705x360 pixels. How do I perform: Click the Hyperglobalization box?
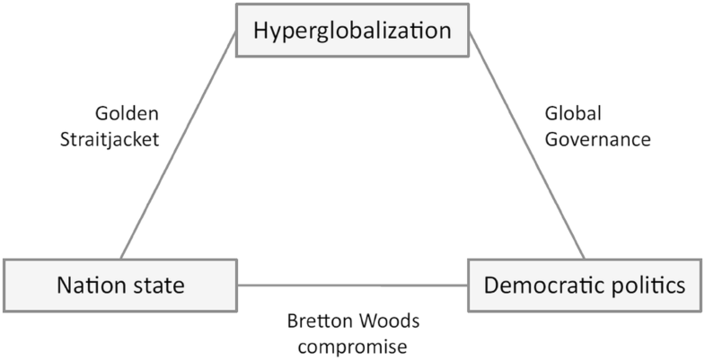[x=352, y=31]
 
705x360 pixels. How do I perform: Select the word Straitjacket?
[x=119, y=139]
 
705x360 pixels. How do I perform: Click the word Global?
[x=572, y=114]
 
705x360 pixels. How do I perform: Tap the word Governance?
[x=597, y=139]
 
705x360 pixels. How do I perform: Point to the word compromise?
[x=353, y=345]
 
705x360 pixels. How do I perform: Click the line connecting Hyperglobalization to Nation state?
[x=180, y=144]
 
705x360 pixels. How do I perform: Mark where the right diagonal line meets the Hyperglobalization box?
[x=469, y=36]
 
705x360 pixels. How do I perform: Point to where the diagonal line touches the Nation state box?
[x=120, y=259]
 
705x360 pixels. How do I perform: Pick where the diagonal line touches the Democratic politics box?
[x=586, y=259]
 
